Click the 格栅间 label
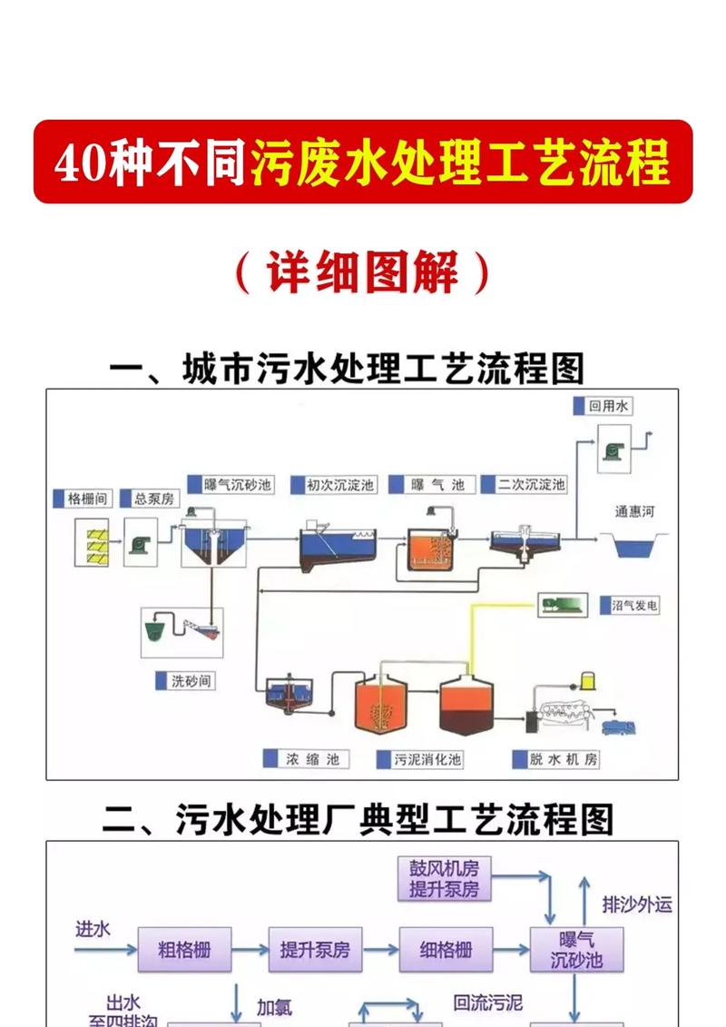(x=88, y=499)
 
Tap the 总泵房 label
(x=153, y=499)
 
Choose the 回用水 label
(x=608, y=406)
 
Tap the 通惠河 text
(x=634, y=511)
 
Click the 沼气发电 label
(x=634, y=605)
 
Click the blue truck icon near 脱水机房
(x=617, y=726)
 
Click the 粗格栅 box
(x=184, y=950)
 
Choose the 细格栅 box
(x=446, y=950)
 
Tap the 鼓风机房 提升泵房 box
(x=444, y=879)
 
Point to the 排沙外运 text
(x=637, y=904)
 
